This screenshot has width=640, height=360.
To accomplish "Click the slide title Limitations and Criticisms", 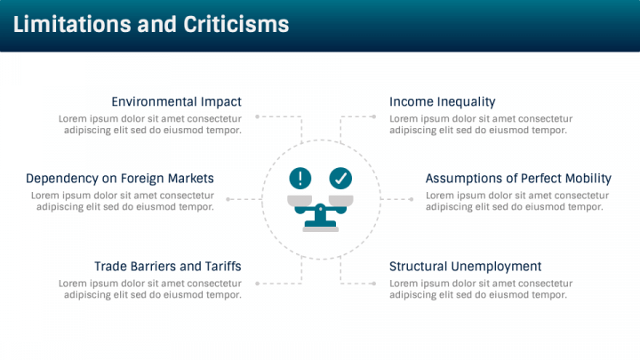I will tap(151, 24).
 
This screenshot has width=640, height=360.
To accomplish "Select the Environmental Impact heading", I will tap(176, 101).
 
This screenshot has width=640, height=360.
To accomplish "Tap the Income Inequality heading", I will tap(442, 101).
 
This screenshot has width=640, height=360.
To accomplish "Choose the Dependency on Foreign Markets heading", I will tap(120, 178).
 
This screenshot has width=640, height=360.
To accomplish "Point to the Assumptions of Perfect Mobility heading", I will tap(518, 178).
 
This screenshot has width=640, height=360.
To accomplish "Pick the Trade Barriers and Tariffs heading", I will tap(168, 266).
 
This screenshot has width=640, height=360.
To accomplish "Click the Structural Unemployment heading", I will tap(465, 266).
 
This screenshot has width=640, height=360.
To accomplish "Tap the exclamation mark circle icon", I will tap(301, 178).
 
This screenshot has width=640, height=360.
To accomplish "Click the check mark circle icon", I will tap(340, 178).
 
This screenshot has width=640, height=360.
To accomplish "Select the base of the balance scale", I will tap(320, 226).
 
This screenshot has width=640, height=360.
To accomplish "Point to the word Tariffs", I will tap(220, 266).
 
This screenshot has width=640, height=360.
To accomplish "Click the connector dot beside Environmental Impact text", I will tap(257, 116).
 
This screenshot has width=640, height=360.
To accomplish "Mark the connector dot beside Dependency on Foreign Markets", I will tap(228, 199).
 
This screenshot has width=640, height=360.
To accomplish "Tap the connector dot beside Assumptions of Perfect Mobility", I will tap(412, 199).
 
